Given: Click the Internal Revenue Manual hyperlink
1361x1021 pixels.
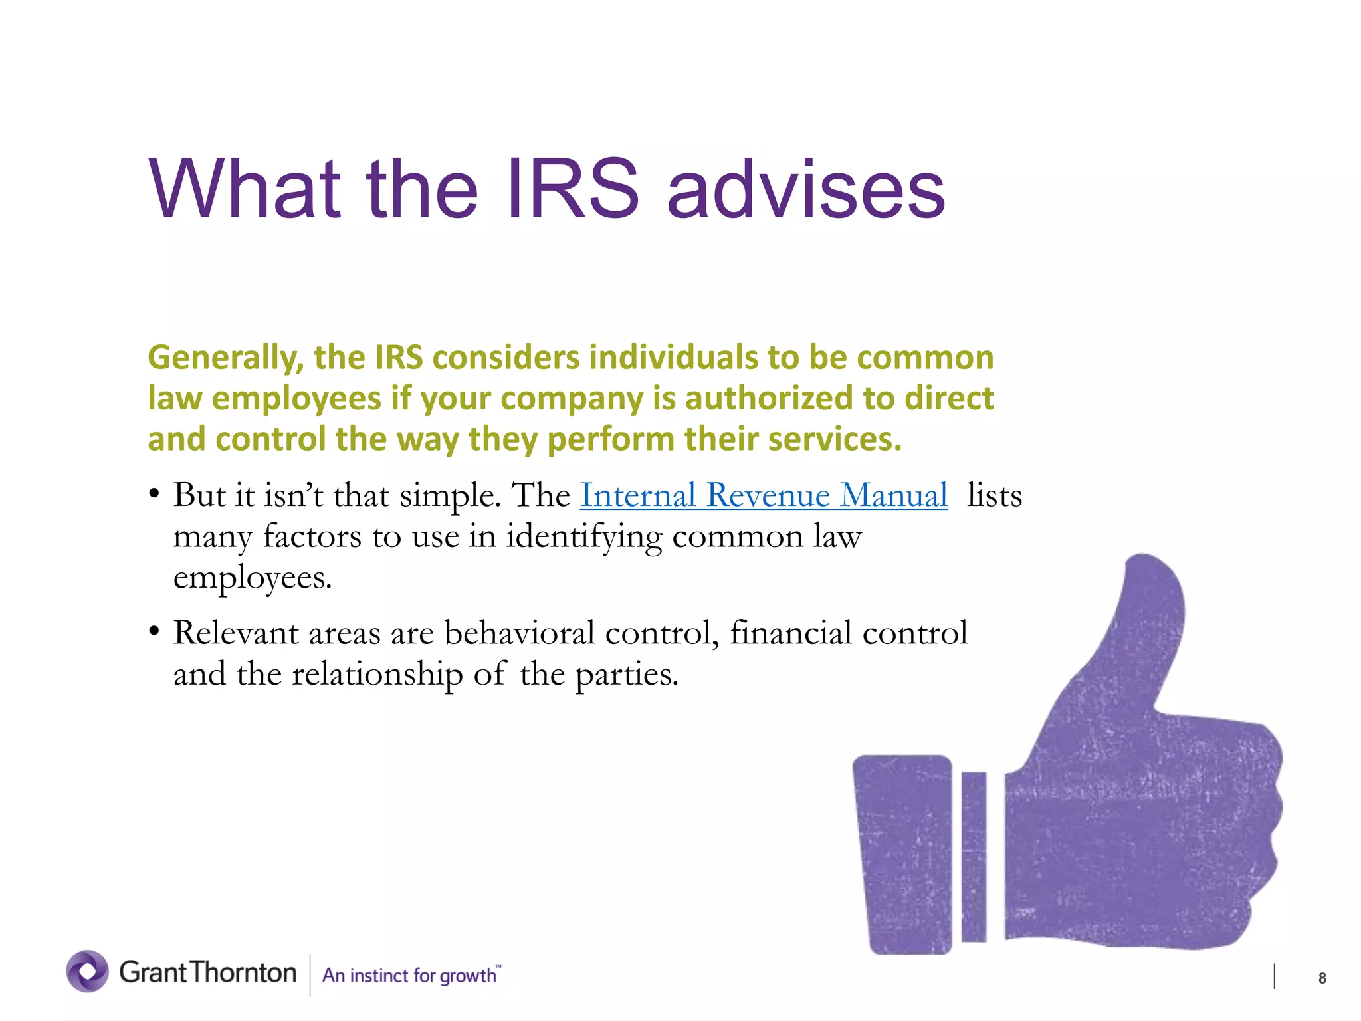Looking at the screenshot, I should (x=764, y=495).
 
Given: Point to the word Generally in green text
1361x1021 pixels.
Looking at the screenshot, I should (x=225, y=358).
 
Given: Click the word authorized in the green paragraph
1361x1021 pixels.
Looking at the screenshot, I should (x=769, y=398).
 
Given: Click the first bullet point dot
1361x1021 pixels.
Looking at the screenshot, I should (x=154, y=495).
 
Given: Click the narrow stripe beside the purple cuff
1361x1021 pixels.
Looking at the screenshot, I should (x=974, y=856).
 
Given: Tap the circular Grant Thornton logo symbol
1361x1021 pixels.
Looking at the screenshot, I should (x=87, y=971).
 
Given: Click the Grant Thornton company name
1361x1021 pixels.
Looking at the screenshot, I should (x=207, y=972).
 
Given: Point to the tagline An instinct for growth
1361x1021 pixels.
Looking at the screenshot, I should (x=410, y=975).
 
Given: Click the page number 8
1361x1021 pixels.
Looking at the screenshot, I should (x=1322, y=978).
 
